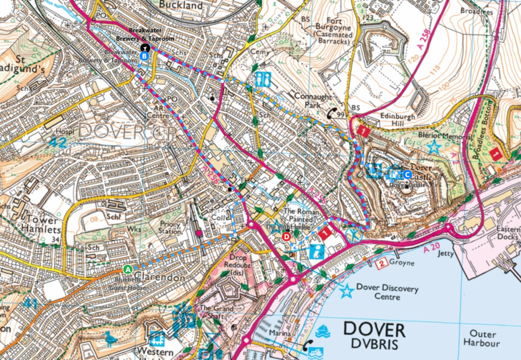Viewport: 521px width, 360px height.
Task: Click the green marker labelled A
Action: [128, 269]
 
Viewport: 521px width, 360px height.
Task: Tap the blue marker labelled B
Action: [144, 56]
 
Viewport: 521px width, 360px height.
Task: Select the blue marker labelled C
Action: [408, 174]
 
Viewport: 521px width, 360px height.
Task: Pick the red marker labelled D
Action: [287, 236]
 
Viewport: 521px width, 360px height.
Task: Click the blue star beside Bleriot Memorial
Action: [434, 146]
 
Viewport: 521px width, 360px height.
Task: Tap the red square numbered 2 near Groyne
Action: [382, 264]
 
